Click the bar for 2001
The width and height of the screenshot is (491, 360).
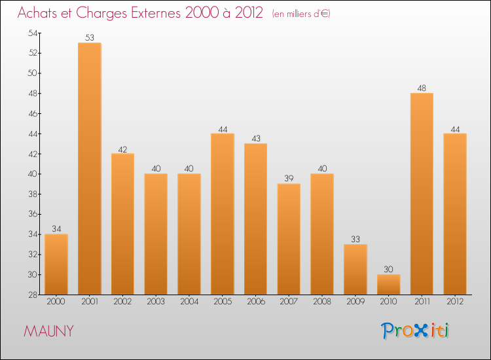[x=90, y=168]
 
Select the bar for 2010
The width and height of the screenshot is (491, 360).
[x=388, y=284]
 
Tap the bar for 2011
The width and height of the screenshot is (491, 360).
[x=422, y=194]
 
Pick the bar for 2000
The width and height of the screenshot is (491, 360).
[x=56, y=264]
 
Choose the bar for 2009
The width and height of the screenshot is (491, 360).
[x=355, y=269]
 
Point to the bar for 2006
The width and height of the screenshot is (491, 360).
[x=255, y=219]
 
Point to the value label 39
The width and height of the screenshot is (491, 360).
[x=289, y=179]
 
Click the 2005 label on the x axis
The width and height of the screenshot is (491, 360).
[x=223, y=302]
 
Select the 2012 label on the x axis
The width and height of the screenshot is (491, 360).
[x=455, y=302]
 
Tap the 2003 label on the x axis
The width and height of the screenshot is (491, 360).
[x=156, y=302]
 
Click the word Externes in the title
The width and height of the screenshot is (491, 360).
[x=149, y=13]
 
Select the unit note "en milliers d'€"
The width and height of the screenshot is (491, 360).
[x=301, y=14]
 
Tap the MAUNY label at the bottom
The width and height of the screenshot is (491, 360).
[x=48, y=331]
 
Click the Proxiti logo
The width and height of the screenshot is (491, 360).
[x=416, y=331]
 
